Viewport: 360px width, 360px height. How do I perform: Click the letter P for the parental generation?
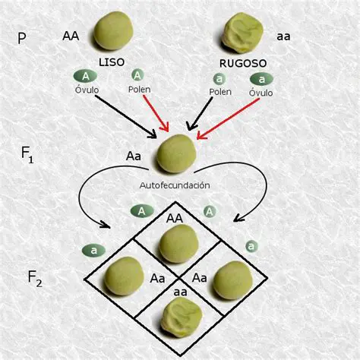coord(22,38)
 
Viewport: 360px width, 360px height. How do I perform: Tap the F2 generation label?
coord(34,279)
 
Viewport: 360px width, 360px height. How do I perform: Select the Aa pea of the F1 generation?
coord(176,153)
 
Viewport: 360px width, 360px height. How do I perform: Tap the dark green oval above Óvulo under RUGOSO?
coord(263,78)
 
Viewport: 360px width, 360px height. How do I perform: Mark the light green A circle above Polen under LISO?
coord(137,75)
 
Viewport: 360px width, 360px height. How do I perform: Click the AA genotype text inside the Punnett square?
coord(175,218)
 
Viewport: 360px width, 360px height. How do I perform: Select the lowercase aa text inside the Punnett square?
coord(180,292)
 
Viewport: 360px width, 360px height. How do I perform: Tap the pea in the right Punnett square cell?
coord(232,279)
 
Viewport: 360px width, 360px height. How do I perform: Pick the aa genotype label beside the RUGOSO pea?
coord(284,35)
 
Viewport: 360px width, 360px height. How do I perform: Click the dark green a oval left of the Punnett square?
coord(93,249)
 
